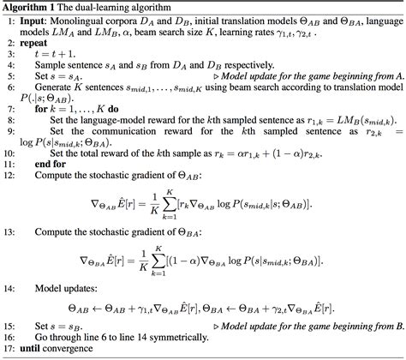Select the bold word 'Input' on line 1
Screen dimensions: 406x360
37,21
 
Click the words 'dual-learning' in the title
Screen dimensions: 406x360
110,7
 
